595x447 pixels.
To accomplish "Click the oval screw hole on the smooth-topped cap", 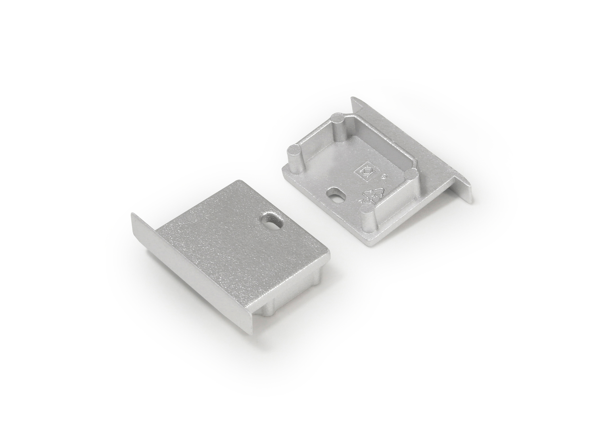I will (271, 220).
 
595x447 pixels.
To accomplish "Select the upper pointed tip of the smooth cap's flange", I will (132, 214).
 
